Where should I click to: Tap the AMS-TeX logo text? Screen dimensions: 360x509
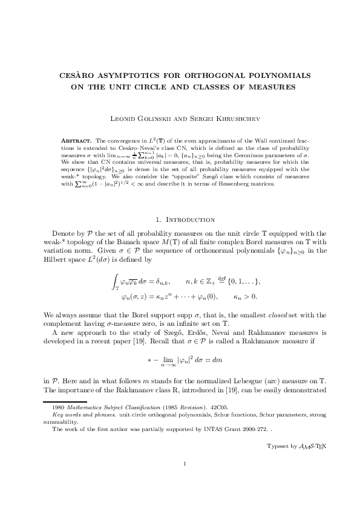point(305,447)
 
